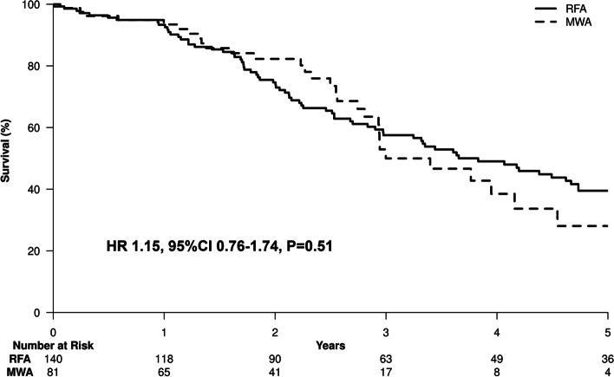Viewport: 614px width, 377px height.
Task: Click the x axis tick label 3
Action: pos(386,332)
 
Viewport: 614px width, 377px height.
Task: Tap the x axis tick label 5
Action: pos(607,332)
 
